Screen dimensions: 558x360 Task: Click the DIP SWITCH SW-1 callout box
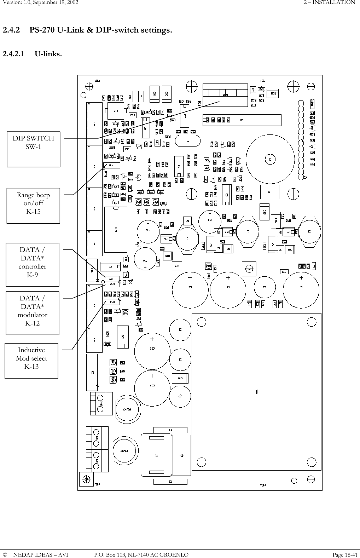(34, 149)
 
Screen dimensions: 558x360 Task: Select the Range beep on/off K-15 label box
(34, 206)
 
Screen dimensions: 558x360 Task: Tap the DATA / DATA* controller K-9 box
(33, 265)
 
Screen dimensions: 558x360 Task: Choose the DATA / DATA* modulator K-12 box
(33, 313)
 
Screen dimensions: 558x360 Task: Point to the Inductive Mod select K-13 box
(31, 361)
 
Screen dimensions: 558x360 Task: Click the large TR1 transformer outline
(256, 391)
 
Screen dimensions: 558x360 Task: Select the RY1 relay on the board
(116, 230)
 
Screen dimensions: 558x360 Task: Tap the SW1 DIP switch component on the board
(225, 95)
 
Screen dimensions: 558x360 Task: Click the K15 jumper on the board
(111, 165)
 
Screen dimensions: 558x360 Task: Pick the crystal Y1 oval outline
(187, 140)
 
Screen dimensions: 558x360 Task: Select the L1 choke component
(156, 455)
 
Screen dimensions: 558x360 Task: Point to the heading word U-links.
(48, 54)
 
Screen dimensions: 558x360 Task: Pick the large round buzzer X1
(271, 160)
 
